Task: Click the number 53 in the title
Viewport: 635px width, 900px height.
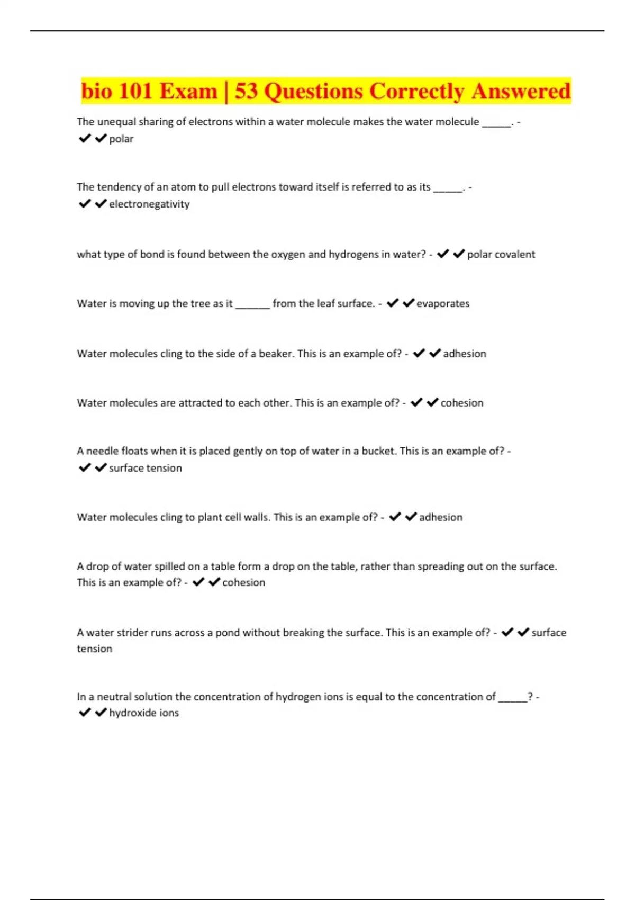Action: tap(247, 91)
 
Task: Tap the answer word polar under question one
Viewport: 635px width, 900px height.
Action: tap(121, 139)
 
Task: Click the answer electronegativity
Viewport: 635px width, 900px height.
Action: tap(149, 204)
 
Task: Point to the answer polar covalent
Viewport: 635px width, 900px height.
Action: tap(501, 255)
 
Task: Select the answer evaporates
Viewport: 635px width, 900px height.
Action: tap(443, 304)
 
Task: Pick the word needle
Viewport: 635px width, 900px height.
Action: tap(102, 451)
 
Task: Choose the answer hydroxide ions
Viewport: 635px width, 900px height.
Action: tap(144, 713)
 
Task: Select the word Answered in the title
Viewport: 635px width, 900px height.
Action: tap(521, 91)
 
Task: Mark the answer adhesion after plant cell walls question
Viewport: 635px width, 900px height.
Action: tap(441, 517)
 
